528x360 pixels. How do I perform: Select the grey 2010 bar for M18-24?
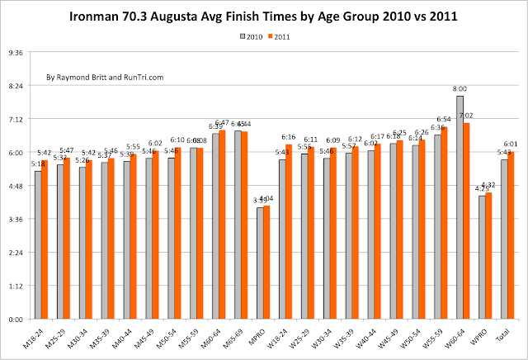tap(37, 244)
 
